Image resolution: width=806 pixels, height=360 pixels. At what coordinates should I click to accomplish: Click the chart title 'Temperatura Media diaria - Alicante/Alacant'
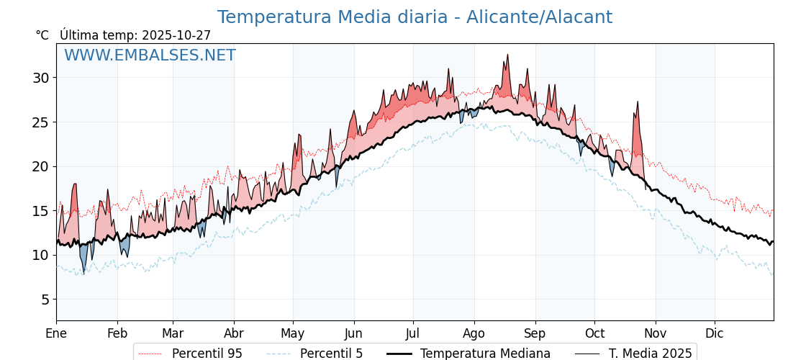[x=415, y=17]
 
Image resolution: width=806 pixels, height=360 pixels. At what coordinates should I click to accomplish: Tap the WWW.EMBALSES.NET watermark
[x=150, y=55]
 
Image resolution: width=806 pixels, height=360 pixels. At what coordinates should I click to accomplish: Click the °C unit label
[x=42, y=35]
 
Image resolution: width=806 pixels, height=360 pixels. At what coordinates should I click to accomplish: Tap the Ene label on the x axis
[x=56, y=333]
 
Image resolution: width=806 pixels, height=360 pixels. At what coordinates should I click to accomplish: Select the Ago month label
[x=474, y=333]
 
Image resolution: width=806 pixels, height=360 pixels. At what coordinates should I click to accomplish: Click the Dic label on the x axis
[x=715, y=333]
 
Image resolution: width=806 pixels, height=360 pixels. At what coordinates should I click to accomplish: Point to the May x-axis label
[x=293, y=333]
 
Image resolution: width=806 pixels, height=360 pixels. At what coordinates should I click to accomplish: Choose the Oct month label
[x=594, y=333]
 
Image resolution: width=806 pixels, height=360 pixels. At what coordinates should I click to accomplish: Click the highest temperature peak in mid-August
[x=507, y=55]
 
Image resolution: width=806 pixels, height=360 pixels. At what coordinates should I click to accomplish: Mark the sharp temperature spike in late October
[x=638, y=102]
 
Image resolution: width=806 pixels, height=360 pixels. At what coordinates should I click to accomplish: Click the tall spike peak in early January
[x=74, y=184]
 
